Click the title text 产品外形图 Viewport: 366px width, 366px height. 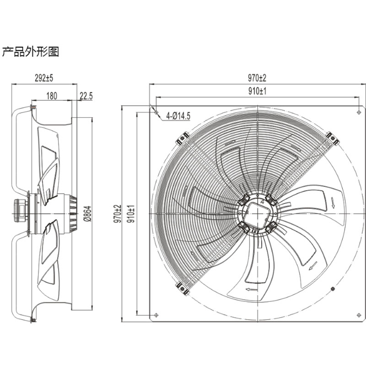point(31,52)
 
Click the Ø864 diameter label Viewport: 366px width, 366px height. point(88,213)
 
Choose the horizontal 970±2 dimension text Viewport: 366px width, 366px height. point(258,78)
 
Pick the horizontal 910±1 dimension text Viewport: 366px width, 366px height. point(258,91)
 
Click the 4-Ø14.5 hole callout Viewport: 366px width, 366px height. point(178,116)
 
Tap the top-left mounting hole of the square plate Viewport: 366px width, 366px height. point(156,112)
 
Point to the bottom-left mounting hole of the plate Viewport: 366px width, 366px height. point(156,315)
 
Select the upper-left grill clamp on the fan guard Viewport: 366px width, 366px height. point(183,138)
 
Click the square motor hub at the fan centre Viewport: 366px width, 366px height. point(257,213)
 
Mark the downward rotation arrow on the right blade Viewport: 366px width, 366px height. point(333,202)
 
